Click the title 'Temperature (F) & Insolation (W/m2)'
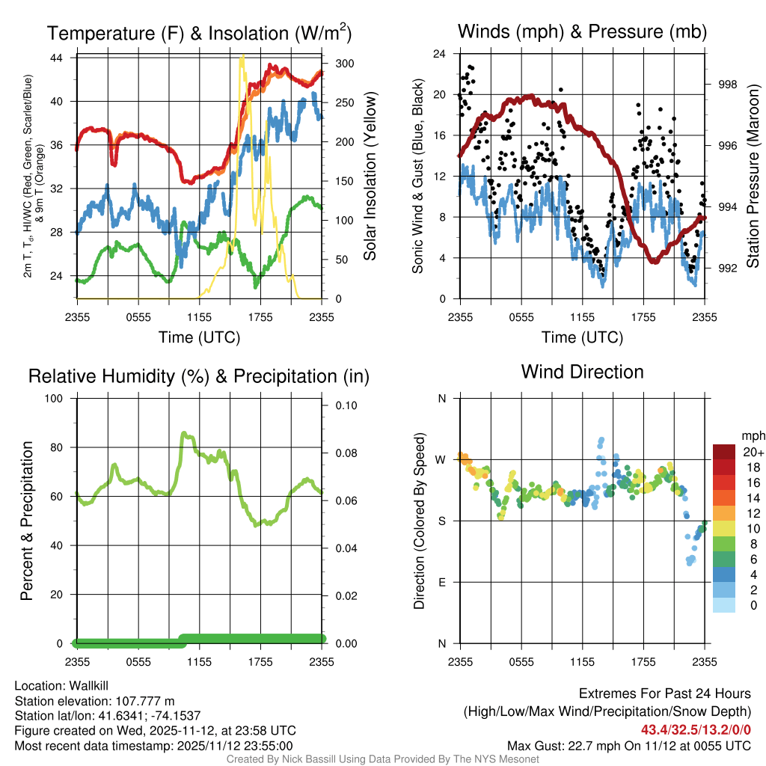coord(199,33)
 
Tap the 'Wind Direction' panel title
coord(582,372)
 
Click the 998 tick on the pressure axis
coord(727,85)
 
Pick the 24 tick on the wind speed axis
coord(439,54)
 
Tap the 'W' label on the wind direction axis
coord(441,459)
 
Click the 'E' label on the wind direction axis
coord(441,582)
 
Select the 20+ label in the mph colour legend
coord(752,453)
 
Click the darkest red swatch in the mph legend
coord(725,451)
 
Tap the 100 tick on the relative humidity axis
coord(56,398)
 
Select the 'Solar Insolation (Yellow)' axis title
coord(370,177)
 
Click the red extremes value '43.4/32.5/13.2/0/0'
coord(696,729)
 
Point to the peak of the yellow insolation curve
coord(242,57)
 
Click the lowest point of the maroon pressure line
coord(654,261)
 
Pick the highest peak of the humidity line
coord(183,433)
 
